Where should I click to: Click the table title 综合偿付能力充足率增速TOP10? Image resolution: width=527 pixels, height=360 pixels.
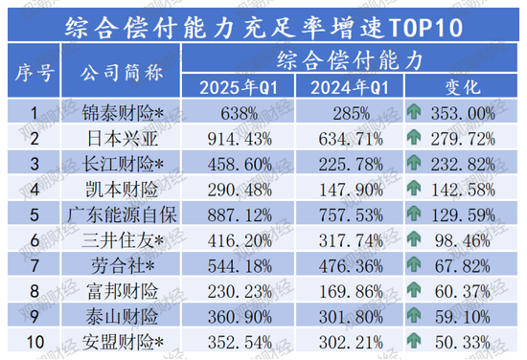point(263,22)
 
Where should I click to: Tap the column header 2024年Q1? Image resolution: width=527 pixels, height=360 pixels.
point(348,88)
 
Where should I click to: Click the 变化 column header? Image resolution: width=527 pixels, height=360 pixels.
point(463,88)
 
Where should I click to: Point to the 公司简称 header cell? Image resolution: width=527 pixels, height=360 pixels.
point(122,72)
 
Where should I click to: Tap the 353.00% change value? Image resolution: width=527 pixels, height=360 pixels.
point(472,113)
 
